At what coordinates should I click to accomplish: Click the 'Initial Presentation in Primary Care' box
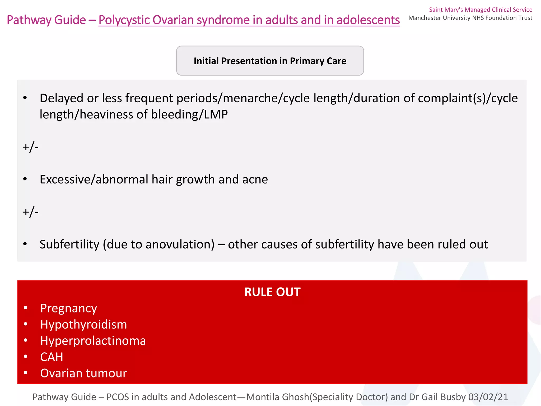tap(270, 61)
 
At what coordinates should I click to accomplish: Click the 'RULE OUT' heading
tap(272, 292)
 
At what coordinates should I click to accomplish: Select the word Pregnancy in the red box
tap(69, 308)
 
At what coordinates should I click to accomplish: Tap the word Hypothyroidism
tap(83, 325)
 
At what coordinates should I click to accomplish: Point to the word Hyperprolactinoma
tap(93, 341)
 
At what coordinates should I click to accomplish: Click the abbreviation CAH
tap(52, 357)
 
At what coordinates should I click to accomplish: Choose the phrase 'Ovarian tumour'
tap(83, 373)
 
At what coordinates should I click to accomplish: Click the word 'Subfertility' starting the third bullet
tap(69, 244)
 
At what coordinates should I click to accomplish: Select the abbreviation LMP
tap(216, 114)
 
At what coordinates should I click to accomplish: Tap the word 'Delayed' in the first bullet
tap(62, 98)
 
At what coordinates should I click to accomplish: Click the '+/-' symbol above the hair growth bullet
tap(31, 147)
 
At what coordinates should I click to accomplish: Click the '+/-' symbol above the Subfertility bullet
tap(31, 212)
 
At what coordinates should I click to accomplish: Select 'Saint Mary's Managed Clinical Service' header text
tap(481, 10)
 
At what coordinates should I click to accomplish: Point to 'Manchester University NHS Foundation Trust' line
tap(470, 18)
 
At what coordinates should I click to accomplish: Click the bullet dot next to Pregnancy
tap(25, 308)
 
